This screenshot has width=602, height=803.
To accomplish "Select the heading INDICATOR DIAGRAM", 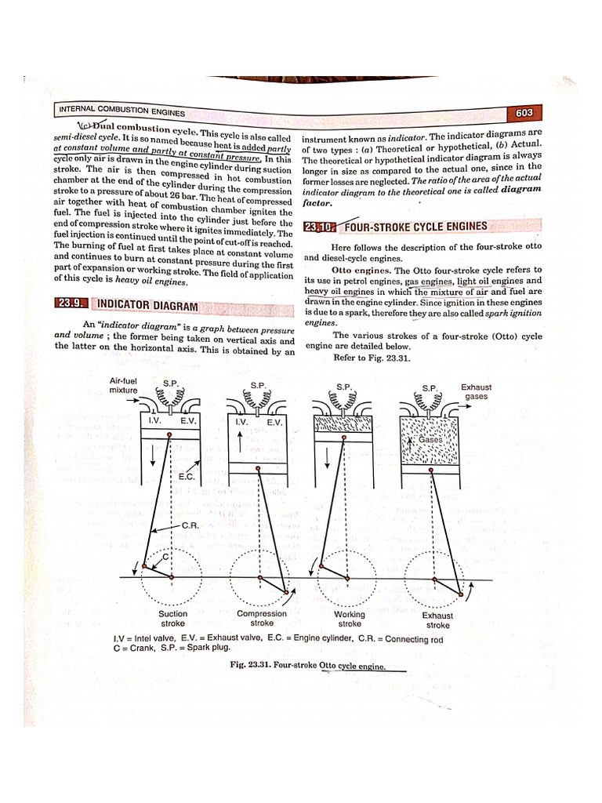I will (x=146, y=305).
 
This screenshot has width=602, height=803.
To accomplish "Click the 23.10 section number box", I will (x=319, y=227).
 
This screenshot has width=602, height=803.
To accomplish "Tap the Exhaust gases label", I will (x=476, y=391).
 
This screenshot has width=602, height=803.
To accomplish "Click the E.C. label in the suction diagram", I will (x=187, y=476).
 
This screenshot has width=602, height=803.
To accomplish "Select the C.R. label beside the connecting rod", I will (x=188, y=525).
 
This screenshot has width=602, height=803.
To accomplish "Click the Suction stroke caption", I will (x=172, y=619).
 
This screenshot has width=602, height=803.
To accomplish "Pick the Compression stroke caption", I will (x=262, y=619).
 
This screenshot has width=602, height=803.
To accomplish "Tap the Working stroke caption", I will (x=350, y=620).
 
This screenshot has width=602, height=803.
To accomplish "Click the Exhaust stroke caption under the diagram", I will (x=437, y=620).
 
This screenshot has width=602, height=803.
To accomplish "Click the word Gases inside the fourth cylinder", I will (x=430, y=440).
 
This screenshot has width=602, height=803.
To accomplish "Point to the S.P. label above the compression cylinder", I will (x=258, y=385).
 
